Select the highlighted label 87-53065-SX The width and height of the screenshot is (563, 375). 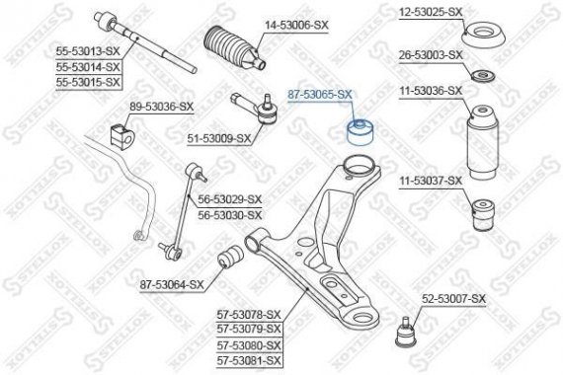(x=318, y=94)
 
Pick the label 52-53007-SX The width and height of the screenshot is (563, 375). (x=455, y=298)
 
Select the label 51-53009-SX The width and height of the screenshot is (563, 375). (x=219, y=138)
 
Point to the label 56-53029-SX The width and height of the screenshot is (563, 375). (x=229, y=199)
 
